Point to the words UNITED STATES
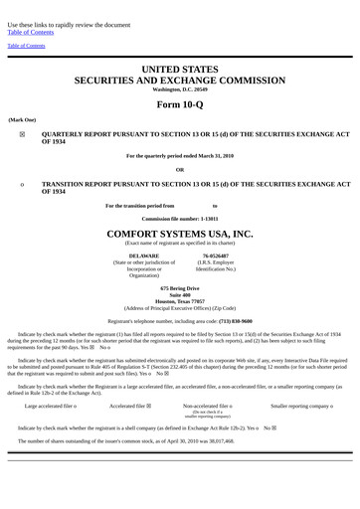(180, 69)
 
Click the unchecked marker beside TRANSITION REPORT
(22, 185)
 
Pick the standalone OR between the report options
(180, 169)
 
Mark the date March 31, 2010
(214, 156)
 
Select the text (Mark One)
(22, 119)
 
